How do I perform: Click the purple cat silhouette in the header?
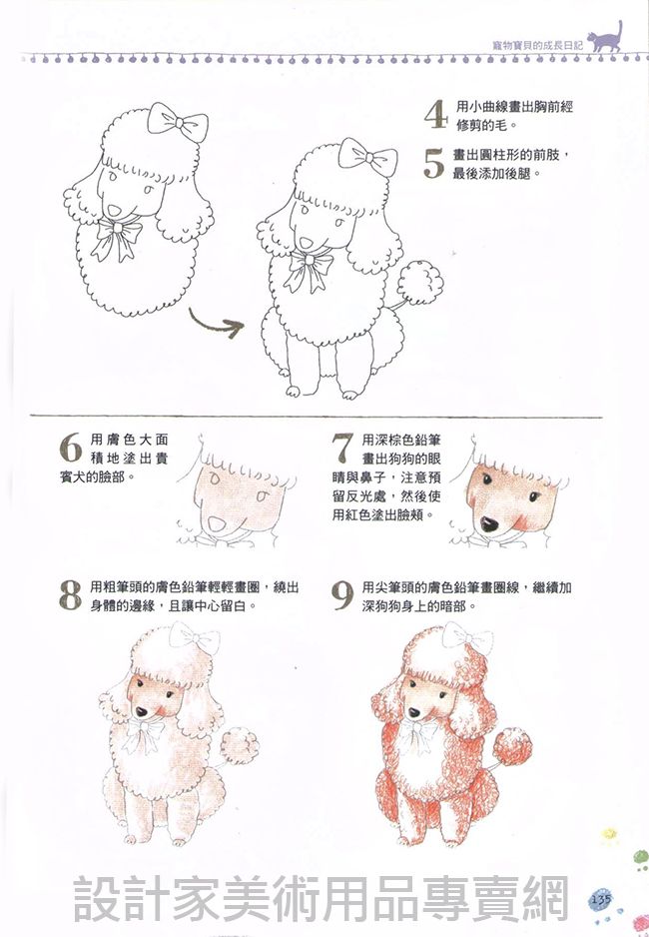coord(605,39)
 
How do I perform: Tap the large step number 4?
coord(436,114)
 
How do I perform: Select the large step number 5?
coord(434,163)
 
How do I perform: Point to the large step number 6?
coord(71,448)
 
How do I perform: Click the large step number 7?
coord(342,449)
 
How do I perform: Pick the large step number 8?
coord(71,594)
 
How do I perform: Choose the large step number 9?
coord(342,595)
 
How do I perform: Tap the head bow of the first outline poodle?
coord(178,122)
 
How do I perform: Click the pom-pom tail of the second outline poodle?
coord(420,282)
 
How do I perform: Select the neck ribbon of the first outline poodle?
coord(118,237)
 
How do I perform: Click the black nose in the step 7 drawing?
coord(489,524)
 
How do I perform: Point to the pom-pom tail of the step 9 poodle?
coord(513,746)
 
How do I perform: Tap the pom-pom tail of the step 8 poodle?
coord(240,746)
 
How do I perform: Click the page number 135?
coord(601,898)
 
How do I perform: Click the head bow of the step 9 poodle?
coord(467,638)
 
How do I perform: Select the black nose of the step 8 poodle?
coord(141,711)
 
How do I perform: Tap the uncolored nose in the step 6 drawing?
coord(216,524)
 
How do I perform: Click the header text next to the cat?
coord(537,45)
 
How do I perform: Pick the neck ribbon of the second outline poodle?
coord(309,270)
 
